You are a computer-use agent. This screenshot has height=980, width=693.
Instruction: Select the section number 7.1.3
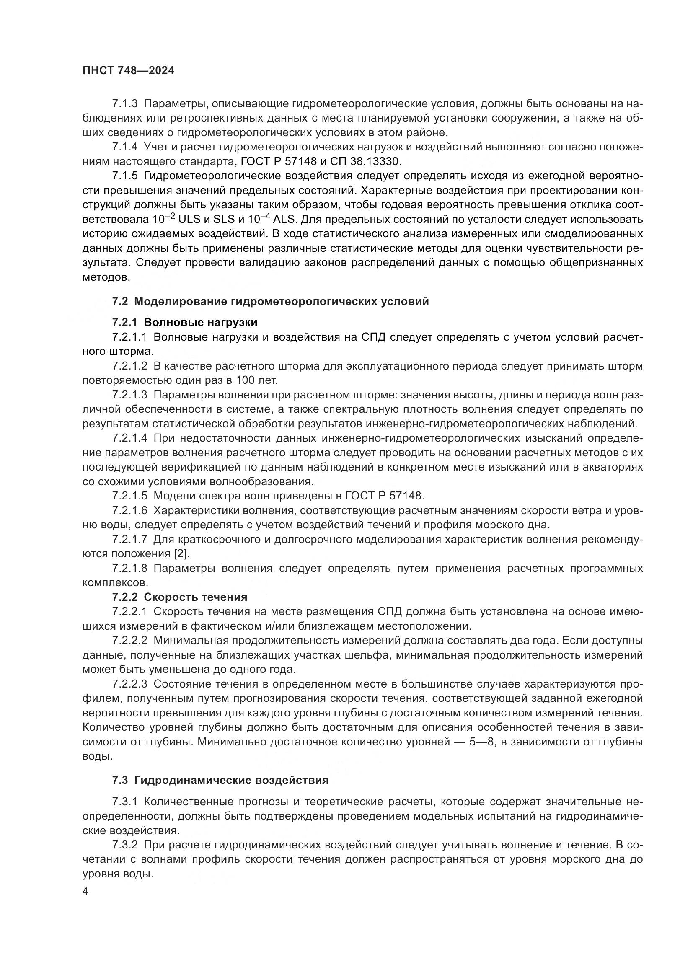125,104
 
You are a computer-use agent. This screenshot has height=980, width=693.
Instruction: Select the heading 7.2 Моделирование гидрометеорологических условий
270,302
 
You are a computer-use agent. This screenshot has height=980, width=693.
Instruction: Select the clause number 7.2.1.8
130,569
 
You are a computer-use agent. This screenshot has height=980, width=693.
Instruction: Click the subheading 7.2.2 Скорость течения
180,597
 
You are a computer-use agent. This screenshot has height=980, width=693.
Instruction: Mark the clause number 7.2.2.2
130,640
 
